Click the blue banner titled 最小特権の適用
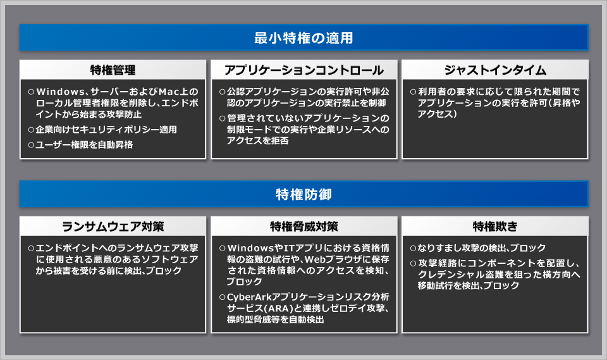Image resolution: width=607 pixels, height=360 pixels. click(304, 37)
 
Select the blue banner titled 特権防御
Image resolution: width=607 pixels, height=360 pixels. click(304, 194)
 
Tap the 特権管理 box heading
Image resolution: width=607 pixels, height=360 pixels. click(113, 70)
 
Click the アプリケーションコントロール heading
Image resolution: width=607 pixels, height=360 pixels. click(304, 70)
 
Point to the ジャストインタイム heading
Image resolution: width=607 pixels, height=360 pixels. click(495, 70)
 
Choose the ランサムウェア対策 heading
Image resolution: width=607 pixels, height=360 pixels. click(113, 227)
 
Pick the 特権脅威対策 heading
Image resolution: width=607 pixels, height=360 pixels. click(304, 227)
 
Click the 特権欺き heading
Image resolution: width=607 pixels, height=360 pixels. click(495, 227)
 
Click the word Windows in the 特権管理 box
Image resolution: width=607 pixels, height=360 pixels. click(61, 92)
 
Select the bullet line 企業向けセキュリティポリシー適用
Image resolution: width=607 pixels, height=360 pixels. click(106, 130)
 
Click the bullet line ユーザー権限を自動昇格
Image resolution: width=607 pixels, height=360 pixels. click(84, 144)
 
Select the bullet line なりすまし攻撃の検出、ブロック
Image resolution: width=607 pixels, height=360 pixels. click(482, 248)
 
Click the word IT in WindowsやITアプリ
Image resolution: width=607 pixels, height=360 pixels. click(289, 248)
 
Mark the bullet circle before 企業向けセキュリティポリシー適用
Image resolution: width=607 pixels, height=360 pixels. click(31, 130)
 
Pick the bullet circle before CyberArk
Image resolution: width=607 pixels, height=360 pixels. click(222, 297)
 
